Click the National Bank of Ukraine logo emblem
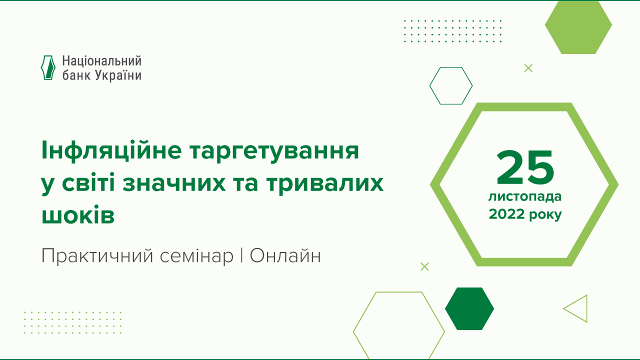[47, 67]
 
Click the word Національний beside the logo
[101, 61]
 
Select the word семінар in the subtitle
[197, 256]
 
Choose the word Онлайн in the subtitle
[285, 256]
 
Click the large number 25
[525, 167]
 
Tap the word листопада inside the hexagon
[525, 197]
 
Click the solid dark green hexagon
[469, 309]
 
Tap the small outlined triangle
[577, 308]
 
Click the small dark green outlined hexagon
[451, 85]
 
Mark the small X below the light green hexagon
[528, 68]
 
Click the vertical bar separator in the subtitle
[241, 256]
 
